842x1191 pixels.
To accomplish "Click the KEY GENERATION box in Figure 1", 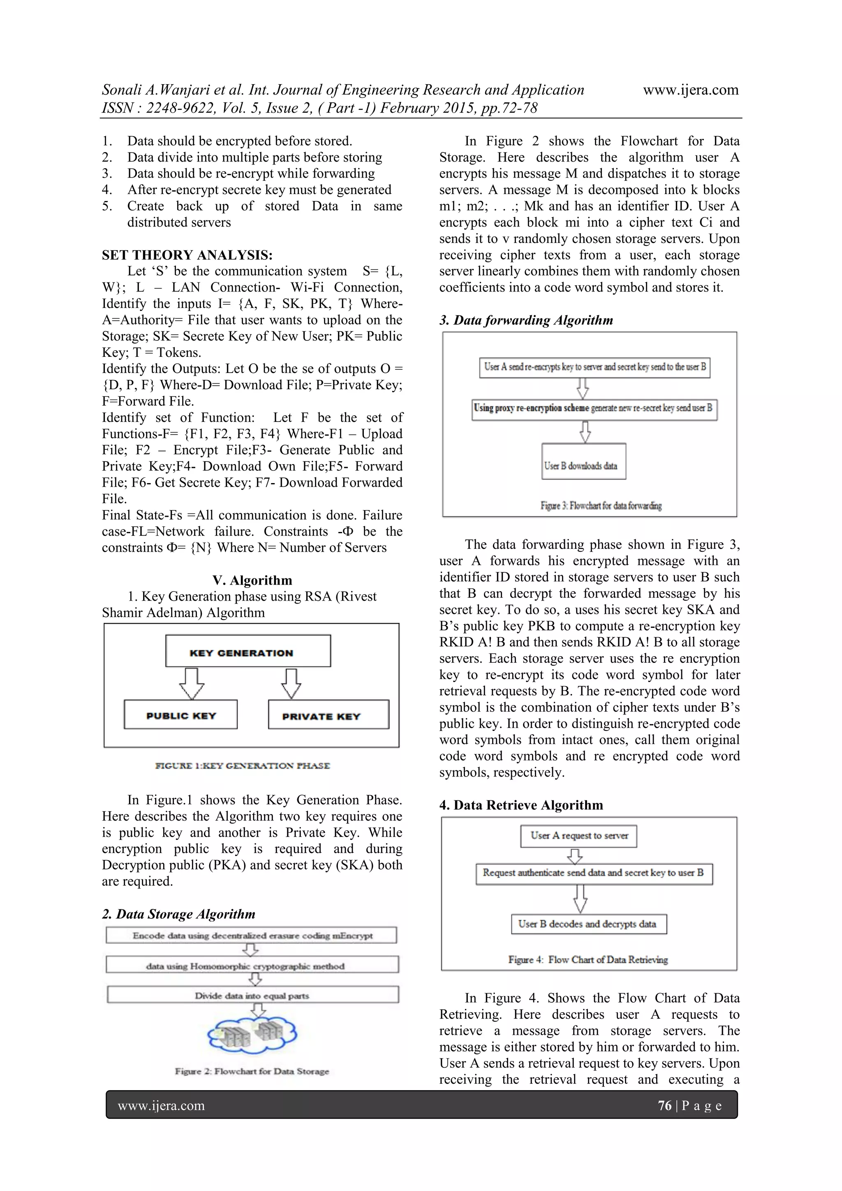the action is click(248, 651).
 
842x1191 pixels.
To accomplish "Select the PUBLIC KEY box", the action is click(180, 715).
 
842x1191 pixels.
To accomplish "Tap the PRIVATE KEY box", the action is click(328, 715).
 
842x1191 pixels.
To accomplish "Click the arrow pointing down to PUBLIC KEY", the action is click(192, 683).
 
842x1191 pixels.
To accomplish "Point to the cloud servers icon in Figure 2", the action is click(252, 1035).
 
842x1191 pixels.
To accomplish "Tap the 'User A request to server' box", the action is click(578, 836).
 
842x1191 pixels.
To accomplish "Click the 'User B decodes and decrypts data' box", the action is click(588, 924).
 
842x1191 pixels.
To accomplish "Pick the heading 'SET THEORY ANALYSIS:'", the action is click(187, 255).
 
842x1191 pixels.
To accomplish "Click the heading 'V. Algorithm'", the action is click(252, 580).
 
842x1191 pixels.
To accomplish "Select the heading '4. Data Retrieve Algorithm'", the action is click(521, 805).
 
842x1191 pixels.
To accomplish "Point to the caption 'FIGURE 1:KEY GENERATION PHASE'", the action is click(242, 765).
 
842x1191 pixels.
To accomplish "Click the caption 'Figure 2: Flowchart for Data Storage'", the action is click(252, 1071).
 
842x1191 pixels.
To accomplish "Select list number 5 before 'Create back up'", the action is click(107, 206).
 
